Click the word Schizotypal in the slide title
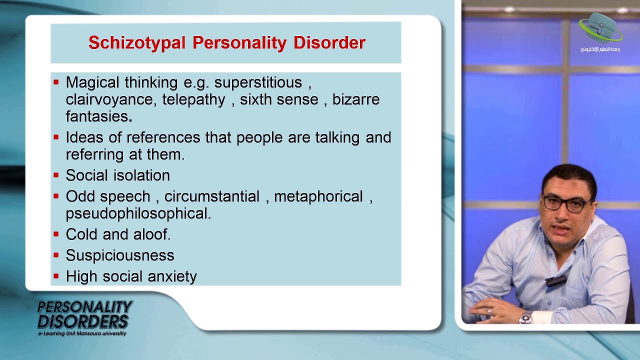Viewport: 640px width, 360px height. tap(138, 43)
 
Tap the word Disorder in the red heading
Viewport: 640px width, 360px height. tap(329, 43)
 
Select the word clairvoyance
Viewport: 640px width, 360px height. tap(111, 99)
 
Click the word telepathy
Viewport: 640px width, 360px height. tap(193, 99)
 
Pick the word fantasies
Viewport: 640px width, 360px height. tap(97, 116)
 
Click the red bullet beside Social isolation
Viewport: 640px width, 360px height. tap(56, 175)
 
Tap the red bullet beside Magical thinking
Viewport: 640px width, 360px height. tap(56, 82)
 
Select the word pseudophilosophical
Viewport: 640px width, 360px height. tap(138, 213)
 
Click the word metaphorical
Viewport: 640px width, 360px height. tap(318, 196)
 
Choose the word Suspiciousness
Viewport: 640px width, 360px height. tap(120, 255)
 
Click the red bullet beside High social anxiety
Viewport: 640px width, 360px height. tap(56, 276)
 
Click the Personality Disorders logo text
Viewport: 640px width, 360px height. tap(84, 314)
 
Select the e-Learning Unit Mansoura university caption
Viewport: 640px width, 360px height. tap(82, 333)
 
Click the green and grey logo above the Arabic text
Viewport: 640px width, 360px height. tap(600, 28)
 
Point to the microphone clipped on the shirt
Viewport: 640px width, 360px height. tap(555, 280)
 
